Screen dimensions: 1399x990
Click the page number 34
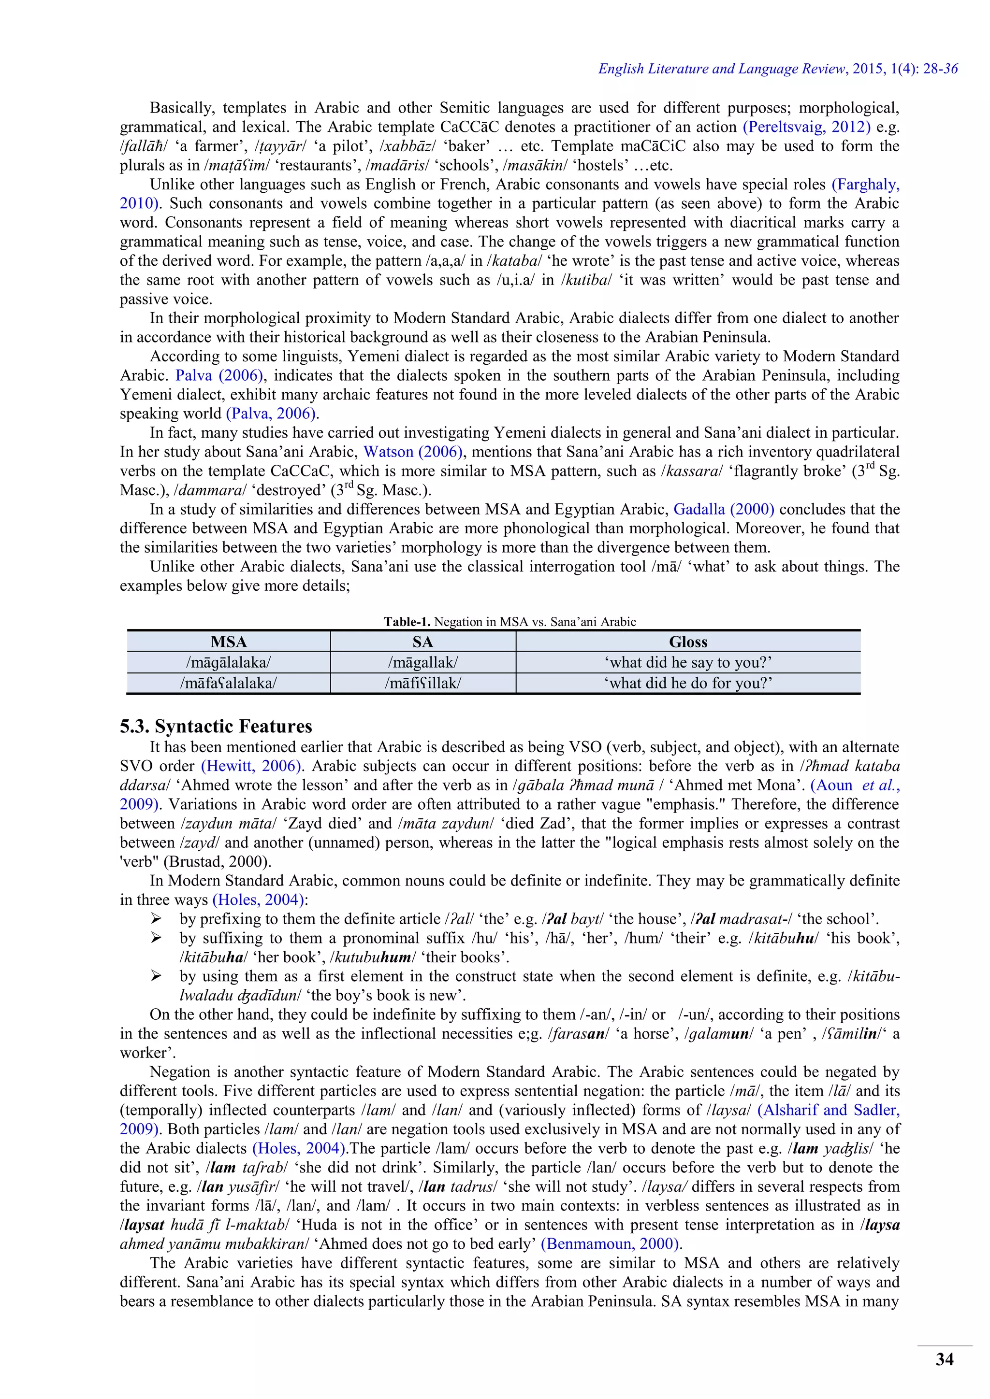pos(944,1359)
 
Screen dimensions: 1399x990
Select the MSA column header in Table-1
pos(229,642)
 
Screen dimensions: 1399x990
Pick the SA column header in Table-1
pos(422,642)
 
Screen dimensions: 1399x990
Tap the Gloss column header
pos(688,642)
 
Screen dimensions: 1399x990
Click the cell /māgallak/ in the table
pos(422,662)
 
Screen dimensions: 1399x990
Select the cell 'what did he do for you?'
pos(688,683)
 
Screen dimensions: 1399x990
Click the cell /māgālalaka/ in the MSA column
pos(229,662)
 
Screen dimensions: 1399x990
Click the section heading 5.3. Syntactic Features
pos(216,726)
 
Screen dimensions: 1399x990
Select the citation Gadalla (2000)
pos(724,509)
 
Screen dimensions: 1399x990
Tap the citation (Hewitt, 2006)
pos(252,766)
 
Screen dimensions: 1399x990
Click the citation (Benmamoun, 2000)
pos(610,1243)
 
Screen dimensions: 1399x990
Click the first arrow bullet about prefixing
pos(156,919)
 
